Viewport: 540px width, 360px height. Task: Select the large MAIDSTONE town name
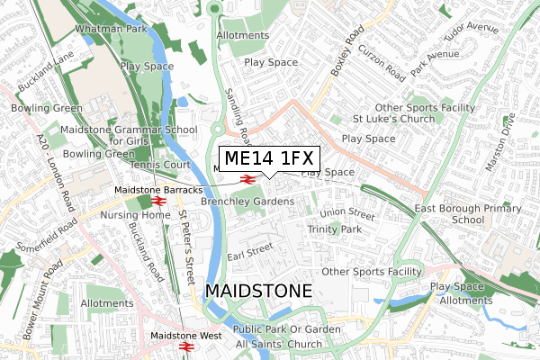[x=258, y=292]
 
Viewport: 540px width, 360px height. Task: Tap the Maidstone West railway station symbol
[x=187, y=346]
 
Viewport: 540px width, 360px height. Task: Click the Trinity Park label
[x=334, y=230]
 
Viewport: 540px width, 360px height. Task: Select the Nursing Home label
[x=121, y=215]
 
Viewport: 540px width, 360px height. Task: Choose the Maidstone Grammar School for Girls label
[x=129, y=136]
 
